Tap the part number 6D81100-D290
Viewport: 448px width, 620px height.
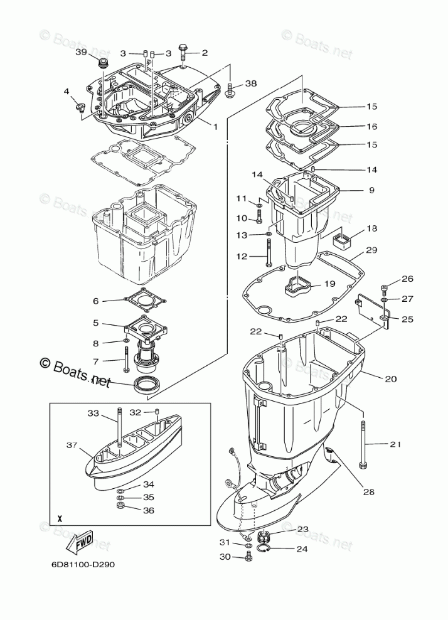[x=83, y=563]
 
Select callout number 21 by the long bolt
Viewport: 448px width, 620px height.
[x=395, y=444]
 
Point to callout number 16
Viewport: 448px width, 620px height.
[x=372, y=126]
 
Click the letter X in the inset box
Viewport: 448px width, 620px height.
[x=60, y=519]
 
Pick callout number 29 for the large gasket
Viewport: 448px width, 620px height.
[x=371, y=250]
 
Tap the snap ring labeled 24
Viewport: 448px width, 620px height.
[x=265, y=550]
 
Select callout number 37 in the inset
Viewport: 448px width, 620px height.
[x=71, y=445]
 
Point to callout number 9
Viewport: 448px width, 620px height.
[x=371, y=190]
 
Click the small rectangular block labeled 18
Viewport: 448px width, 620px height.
[x=344, y=240]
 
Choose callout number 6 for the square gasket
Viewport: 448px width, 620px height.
[x=95, y=301]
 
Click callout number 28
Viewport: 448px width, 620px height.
[x=369, y=492]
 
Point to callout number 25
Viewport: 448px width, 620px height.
[x=407, y=319]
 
